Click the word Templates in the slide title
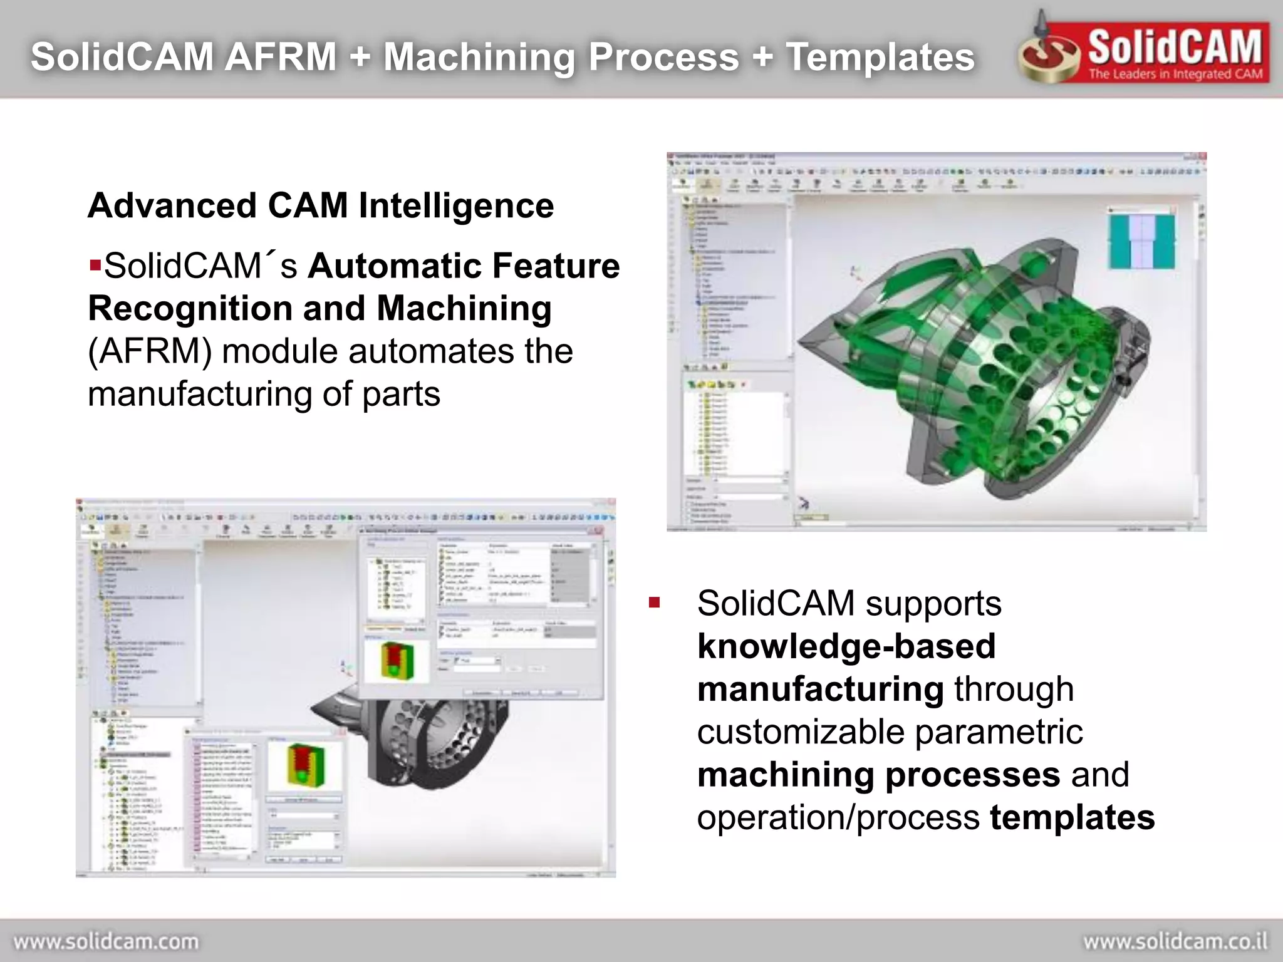880,57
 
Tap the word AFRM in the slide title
281,57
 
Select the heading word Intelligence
456,206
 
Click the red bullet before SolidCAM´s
95,264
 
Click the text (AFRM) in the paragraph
150,351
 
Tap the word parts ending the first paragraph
401,394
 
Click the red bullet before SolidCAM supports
655,603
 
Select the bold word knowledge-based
846,646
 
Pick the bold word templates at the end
1072,817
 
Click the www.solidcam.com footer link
106,941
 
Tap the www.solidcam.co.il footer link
1175,941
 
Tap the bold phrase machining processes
878,775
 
